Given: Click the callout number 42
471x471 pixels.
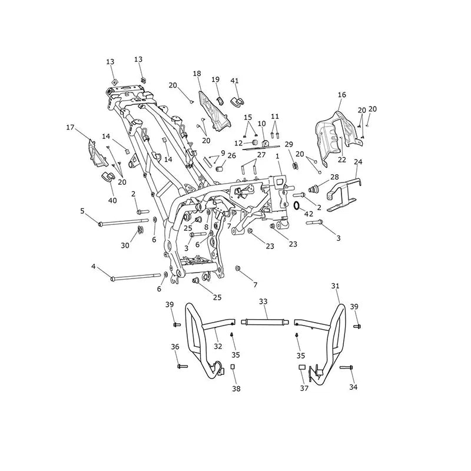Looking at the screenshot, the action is (309, 214).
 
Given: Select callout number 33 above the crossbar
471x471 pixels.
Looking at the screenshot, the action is (263, 301).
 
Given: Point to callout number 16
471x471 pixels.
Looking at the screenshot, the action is (342, 95).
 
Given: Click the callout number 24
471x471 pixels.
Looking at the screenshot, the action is (358, 162).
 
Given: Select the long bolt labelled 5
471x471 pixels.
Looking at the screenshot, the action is (123, 222).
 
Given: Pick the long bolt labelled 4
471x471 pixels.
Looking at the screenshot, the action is (136, 277).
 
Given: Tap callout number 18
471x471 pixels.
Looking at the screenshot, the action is (197, 74).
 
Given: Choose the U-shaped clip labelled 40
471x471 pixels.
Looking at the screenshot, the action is (106, 177).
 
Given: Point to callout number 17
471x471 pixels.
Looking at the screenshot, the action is (70, 128).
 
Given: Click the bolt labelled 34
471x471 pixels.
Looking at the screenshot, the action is (346, 367).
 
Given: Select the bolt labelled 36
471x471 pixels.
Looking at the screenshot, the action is (183, 366).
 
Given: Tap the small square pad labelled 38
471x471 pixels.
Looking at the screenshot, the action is (232, 367).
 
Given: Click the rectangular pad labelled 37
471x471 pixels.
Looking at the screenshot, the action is (302, 367).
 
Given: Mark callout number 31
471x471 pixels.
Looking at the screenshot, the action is (335, 286).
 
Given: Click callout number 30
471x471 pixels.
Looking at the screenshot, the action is (125, 246).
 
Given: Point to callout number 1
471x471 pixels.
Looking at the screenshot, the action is (277, 156).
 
